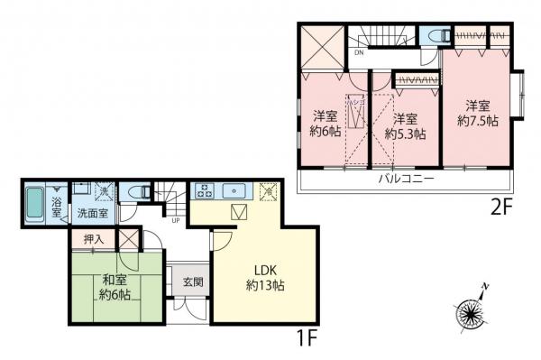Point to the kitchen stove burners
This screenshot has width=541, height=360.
click(x=205, y=191)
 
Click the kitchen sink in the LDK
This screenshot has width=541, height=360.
click(x=236, y=191)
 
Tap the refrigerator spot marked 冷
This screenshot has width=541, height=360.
click(x=268, y=191)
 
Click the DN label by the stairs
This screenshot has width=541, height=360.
click(x=359, y=52)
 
